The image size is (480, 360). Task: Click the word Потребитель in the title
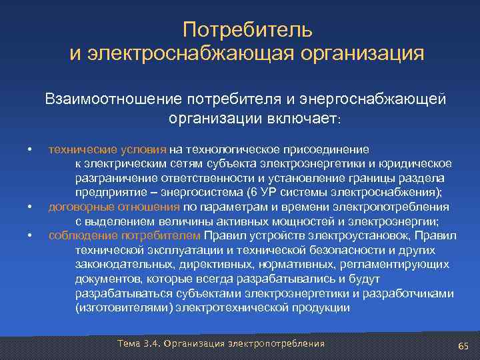247,30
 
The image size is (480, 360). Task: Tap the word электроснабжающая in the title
193,53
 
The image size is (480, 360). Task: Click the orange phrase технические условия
108,149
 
